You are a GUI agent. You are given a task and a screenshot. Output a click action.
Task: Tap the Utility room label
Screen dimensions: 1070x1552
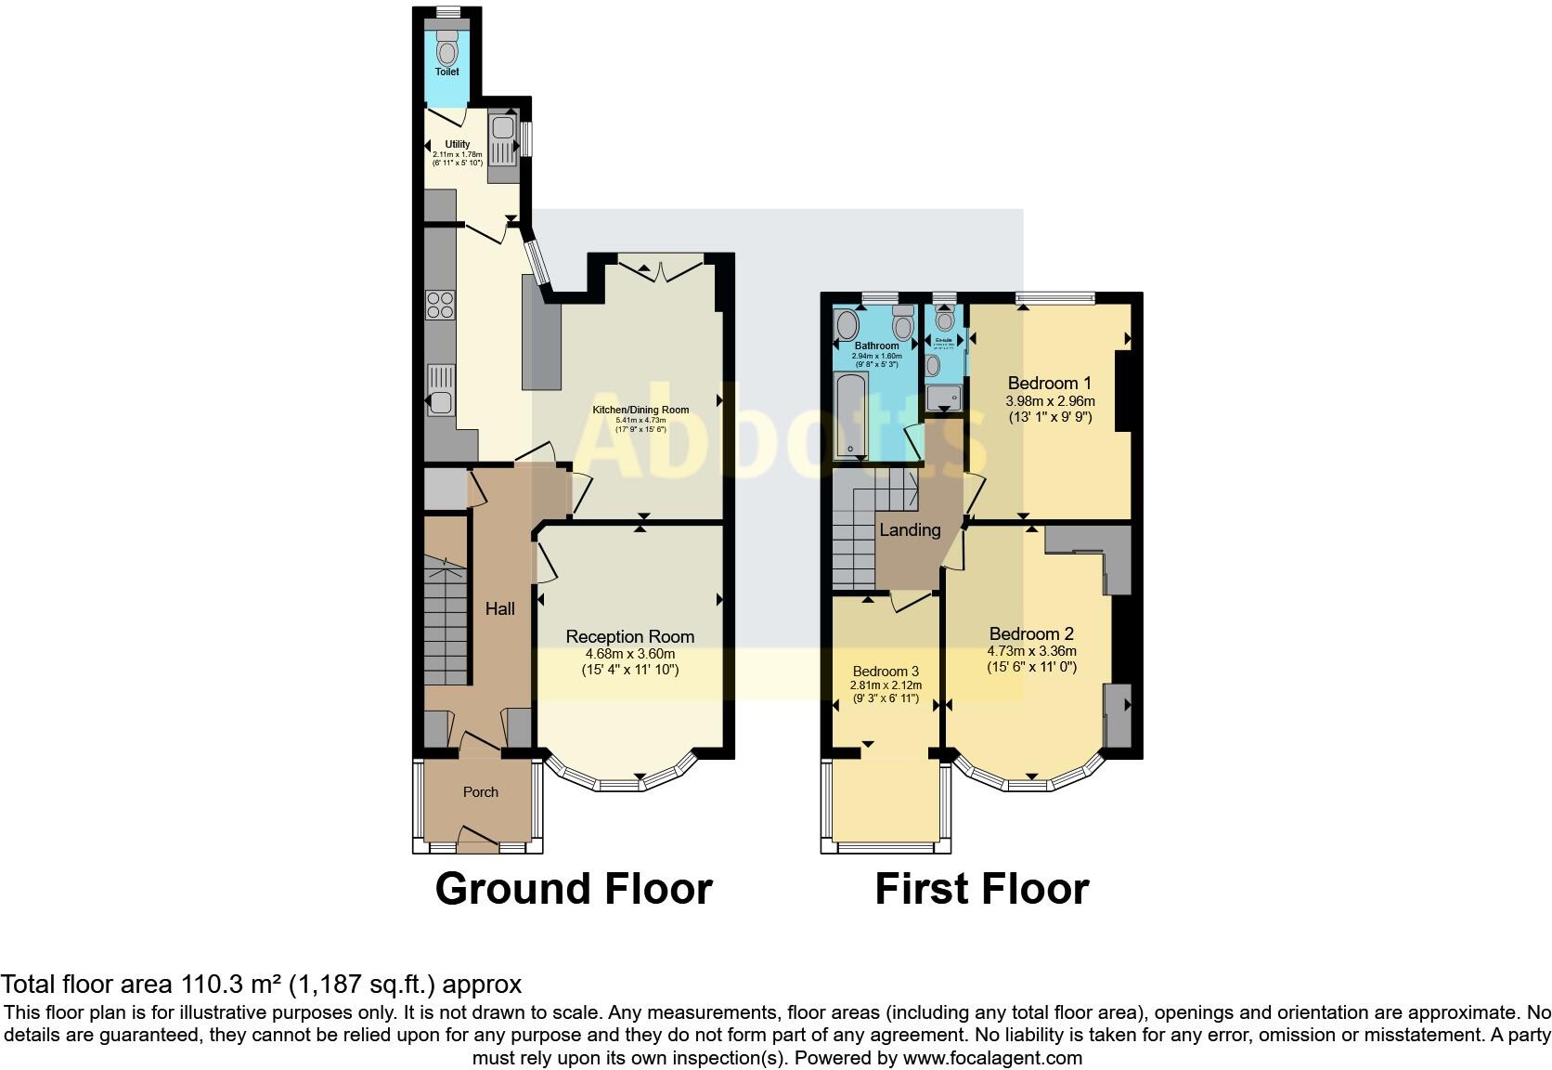[458, 144]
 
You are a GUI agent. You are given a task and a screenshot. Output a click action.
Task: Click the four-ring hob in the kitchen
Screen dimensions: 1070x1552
[440, 305]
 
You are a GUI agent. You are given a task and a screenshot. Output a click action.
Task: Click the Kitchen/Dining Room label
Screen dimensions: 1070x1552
[640, 410]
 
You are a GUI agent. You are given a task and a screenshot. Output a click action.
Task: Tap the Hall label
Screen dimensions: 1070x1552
[500, 609]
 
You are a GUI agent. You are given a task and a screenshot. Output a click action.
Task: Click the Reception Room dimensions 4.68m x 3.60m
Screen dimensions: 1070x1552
[630, 654]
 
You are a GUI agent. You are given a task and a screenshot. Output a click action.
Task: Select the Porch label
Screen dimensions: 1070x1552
[481, 792]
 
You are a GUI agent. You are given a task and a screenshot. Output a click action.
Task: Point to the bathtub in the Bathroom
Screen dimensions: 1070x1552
[850, 415]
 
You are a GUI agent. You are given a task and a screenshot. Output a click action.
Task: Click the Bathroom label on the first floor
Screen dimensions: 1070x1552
[877, 346]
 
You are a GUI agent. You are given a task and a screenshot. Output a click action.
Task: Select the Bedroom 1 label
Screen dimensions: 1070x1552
[1050, 383]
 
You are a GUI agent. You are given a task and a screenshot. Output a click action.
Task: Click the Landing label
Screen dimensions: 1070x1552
[910, 530]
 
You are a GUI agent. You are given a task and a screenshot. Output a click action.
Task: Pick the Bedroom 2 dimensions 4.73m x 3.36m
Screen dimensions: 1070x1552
[1031, 651]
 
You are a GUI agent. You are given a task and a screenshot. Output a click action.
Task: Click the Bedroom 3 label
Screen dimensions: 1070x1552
[886, 672]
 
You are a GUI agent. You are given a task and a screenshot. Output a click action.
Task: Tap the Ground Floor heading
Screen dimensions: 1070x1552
[574, 889]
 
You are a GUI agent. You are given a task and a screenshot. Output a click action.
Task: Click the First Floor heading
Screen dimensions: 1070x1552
[981, 889]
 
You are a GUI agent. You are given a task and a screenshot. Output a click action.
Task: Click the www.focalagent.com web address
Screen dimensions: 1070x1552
[992, 1058]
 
